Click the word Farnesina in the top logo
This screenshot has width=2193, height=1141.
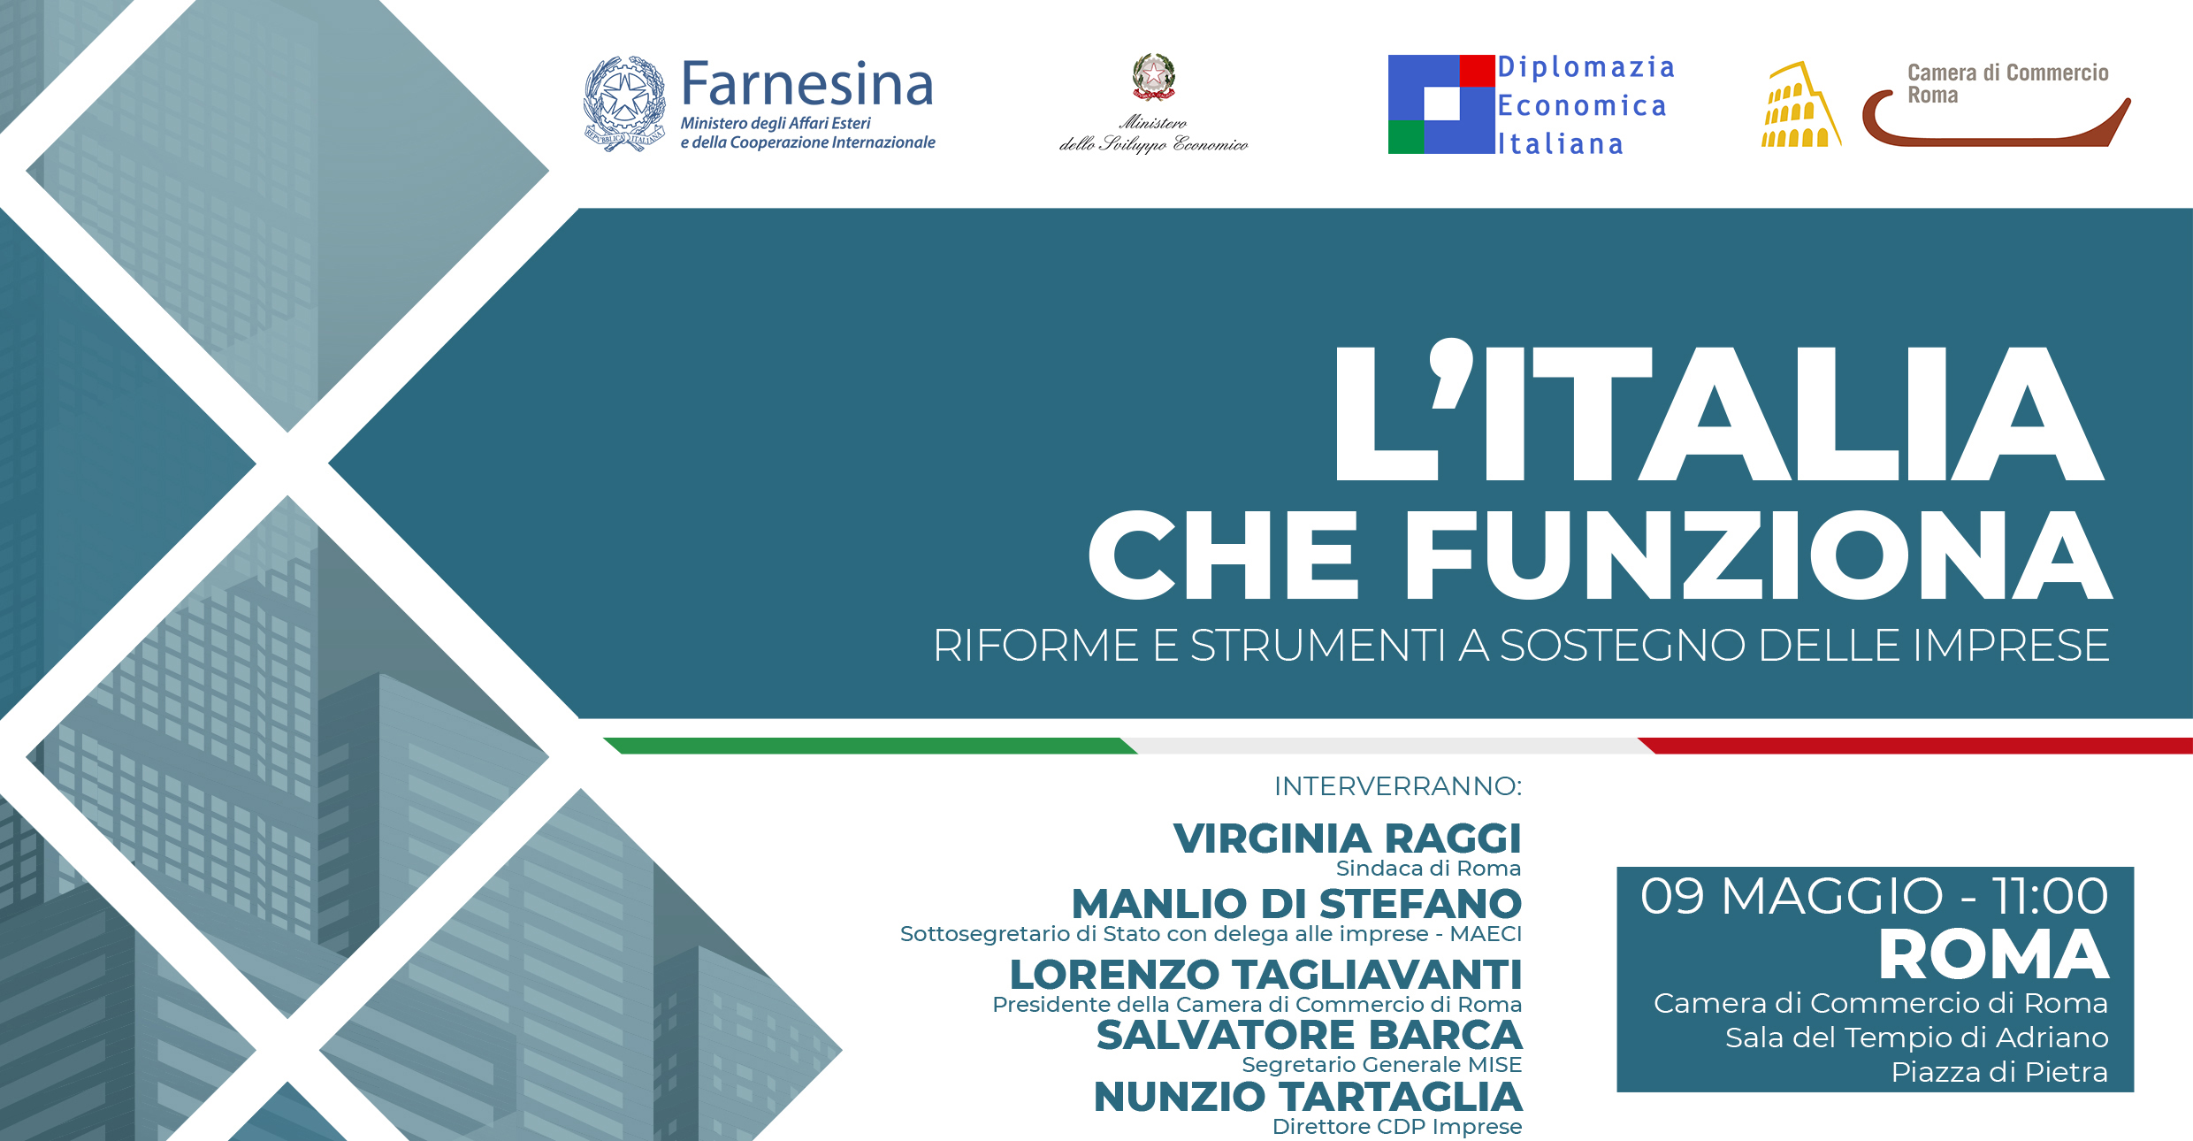click(x=807, y=84)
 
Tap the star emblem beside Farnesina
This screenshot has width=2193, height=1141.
click(x=624, y=103)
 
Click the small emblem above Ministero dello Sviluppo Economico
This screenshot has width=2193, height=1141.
click(x=1154, y=77)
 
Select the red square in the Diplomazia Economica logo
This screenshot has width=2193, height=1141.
click(x=1477, y=71)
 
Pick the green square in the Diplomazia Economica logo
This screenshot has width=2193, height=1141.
click(x=1406, y=137)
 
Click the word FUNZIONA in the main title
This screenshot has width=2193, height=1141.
click(x=1758, y=555)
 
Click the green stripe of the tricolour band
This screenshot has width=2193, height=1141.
click(x=870, y=746)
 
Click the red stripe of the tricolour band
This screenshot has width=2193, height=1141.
click(x=1915, y=746)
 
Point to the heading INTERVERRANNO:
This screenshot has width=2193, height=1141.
click(x=1398, y=786)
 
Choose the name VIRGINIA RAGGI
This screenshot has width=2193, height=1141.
click(x=1347, y=839)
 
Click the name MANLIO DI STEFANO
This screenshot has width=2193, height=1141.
click(x=1296, y=904)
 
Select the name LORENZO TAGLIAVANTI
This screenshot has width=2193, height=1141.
click(x=1265, y=975)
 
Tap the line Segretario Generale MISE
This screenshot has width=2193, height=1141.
click(x=1382, y=1065)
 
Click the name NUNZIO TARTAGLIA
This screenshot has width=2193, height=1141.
click(x=1308, y=1097)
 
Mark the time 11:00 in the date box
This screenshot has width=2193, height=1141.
click(x=2050, y=896)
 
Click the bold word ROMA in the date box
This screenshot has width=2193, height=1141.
click(x=1994, y=955)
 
